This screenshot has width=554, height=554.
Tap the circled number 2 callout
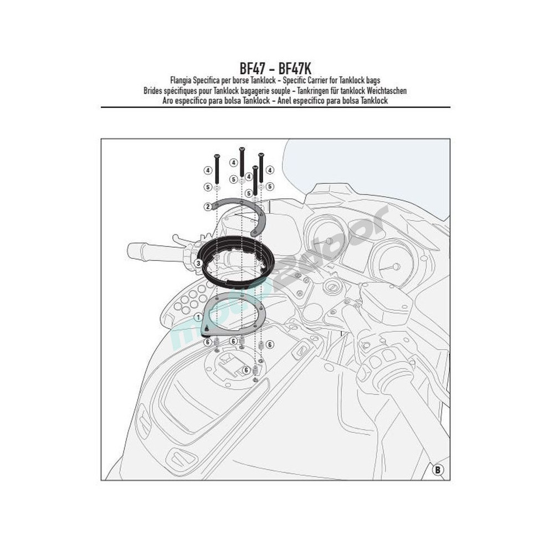tap(208, 206)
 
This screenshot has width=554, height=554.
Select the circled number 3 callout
tap(198, 263)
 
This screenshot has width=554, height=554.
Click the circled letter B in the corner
tap(438, 470)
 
